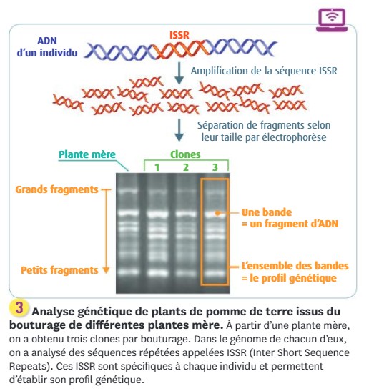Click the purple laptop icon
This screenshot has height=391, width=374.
click(x=332, y=20)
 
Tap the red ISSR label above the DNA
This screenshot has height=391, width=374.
click(x=179, y=35)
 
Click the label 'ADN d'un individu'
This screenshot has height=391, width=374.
click(x=47, y=47)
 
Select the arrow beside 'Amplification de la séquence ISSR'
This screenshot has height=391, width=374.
click(x=179, y=73)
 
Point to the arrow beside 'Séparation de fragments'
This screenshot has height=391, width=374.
click(x=179, y=130)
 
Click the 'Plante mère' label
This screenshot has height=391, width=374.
click(x=87, y=154)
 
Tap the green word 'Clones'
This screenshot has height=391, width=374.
click(x=185, y=154)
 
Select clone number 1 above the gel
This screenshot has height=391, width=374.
click(x=157, y=167)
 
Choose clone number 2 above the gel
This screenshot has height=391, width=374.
click(x=186, y=167)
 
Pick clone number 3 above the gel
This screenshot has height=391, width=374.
click(x=215, y=167)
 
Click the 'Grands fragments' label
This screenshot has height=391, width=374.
click(x=56, y=189)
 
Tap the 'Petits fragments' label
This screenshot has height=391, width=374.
click(x=59, y=270)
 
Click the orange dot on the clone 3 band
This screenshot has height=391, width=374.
click(x=217, y=213)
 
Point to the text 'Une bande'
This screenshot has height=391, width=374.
click(x=267, y=212)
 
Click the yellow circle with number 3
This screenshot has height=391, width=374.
click(x=19, y=307)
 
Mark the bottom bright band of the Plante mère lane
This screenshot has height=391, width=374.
click(x=128, y=272)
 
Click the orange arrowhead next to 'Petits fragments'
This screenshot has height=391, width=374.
click(x=106, y=270)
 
